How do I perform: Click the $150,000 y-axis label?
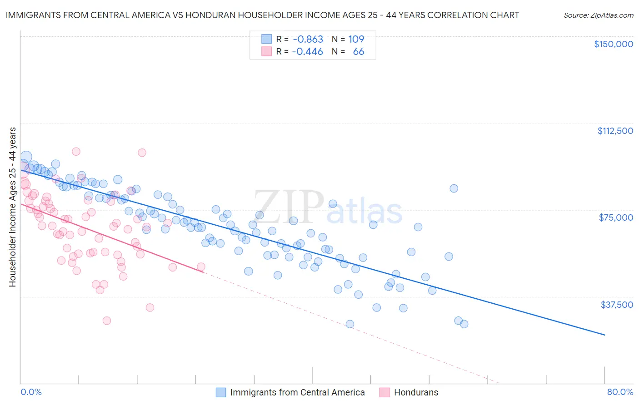click(x=613, y=44)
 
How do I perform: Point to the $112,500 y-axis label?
click(x=615, y=131)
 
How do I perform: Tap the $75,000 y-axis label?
click(x=616, y=217)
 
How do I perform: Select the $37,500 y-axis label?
click(x=617, y=305)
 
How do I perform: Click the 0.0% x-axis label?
click(x=31, y=392)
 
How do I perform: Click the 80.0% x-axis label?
click(x=620, y=392)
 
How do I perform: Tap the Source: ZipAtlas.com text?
click(x=598, y=15)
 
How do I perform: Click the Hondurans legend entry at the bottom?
click(x=416, y=392)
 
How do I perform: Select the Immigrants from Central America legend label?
click(x=297, y=392)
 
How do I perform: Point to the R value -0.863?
click(x=307, y=39)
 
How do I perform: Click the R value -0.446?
click(x=307, y=51)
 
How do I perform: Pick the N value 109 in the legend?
click(x=356, y=39)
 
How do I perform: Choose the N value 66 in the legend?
click(x=358, y=51)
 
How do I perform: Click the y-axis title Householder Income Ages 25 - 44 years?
click(x=13, y=207)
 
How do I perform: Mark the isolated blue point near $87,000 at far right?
click(x=454, y=188)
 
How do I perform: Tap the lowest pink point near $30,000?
click(x=107, y=321)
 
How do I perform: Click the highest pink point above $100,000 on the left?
click(x=76, y=152)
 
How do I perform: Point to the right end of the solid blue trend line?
click(x=604, y=335)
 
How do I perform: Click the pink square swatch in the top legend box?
click(x=266, y=51)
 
